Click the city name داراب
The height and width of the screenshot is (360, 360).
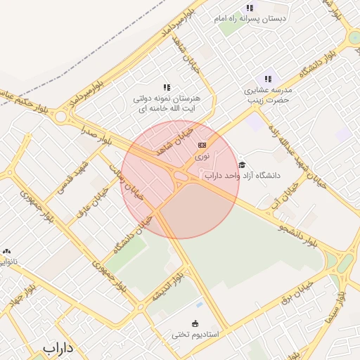click(58, 347)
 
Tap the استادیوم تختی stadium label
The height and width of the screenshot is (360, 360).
click(195, 335)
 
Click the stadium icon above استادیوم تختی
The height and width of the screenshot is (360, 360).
click(196, 323)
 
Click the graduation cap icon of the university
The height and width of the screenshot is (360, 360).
click(242, 165)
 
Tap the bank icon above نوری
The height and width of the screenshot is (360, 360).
click(202, 144)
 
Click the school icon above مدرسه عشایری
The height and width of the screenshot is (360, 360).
click(267, 79)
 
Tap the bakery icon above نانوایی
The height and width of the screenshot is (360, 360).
click(7, 251)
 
